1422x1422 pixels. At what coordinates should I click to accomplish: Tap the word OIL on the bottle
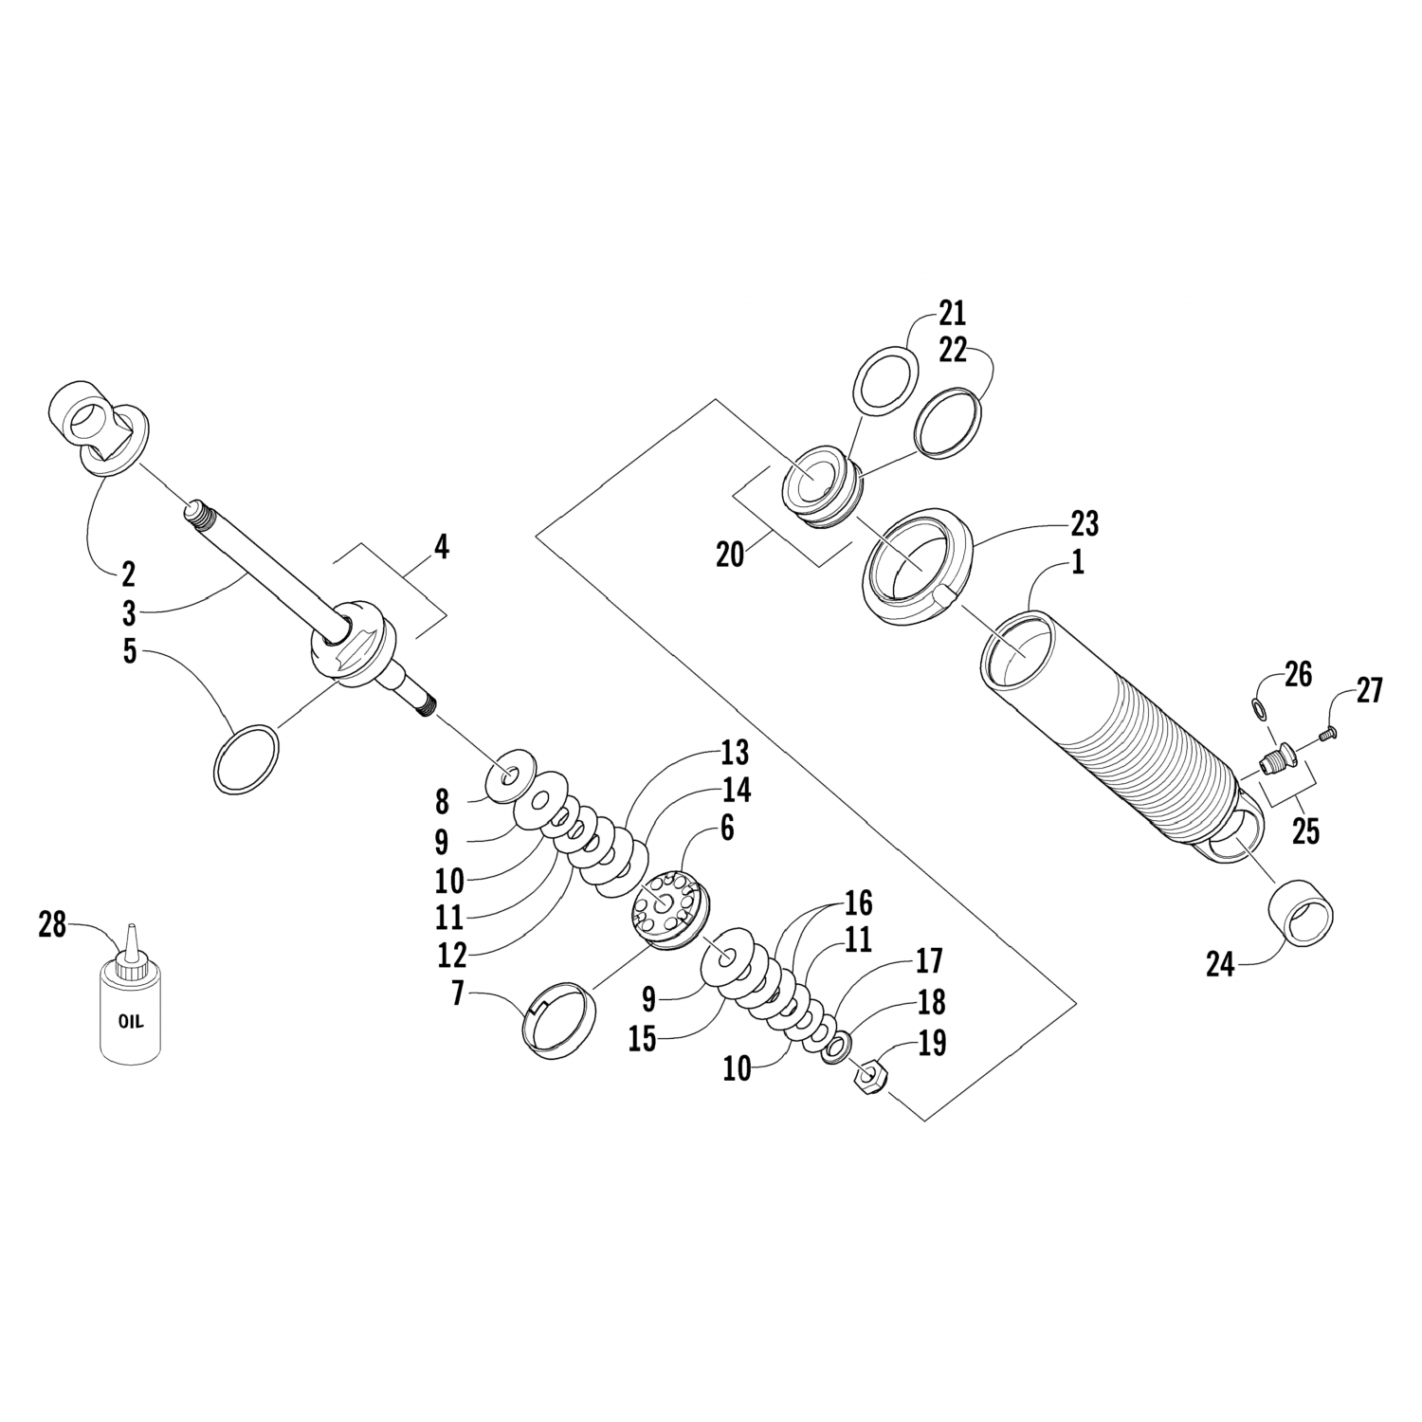(x=131, y=1022)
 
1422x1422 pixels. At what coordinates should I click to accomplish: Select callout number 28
(x=52, y=923)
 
